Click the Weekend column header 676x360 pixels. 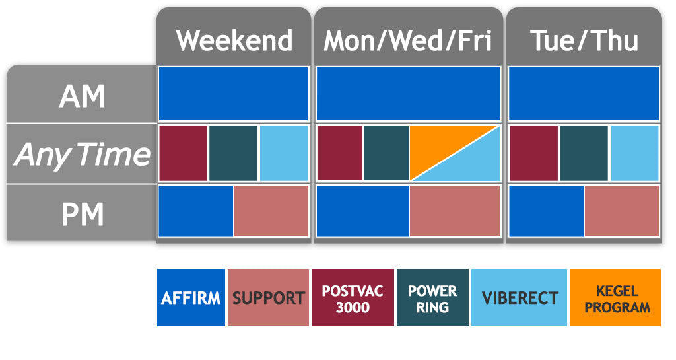(234, 40)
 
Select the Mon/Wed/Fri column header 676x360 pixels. (407, 40)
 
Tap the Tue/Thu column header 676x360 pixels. (584, 40)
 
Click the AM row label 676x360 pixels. (82, 96)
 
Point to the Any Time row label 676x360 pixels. (82, 155)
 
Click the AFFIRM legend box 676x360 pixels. (191, 297)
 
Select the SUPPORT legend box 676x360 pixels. (268, 297)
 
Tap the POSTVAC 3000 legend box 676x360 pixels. (353, 297)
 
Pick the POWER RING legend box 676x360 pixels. (432, 297)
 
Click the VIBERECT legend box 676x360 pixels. (519, 297)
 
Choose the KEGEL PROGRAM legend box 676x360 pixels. (615, 297)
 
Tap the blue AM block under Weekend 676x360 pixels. (233, 93)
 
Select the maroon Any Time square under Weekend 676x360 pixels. (184, 153)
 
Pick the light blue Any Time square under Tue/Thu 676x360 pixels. (634, 153)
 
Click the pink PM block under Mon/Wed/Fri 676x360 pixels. (454, 211)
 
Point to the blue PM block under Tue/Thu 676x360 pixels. (546, 211)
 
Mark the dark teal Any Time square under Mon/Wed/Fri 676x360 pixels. (386, 153)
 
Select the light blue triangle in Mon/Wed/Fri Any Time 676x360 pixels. (473, 165)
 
